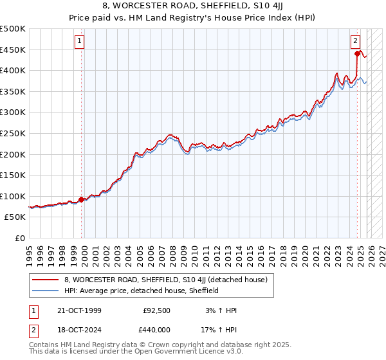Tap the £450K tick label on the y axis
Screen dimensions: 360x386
coord(13,50)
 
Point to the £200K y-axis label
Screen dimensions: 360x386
coord(13,154)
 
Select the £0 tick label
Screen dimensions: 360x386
coord(21,238)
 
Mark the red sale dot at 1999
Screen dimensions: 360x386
coord(82,199)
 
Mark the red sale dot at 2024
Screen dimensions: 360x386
coord(357,54)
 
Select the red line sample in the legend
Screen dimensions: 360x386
coord(46,279)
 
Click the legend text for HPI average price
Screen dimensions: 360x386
coord(142,291)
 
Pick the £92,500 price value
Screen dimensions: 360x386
coord(157,310)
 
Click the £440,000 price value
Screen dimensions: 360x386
coord(157,330)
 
